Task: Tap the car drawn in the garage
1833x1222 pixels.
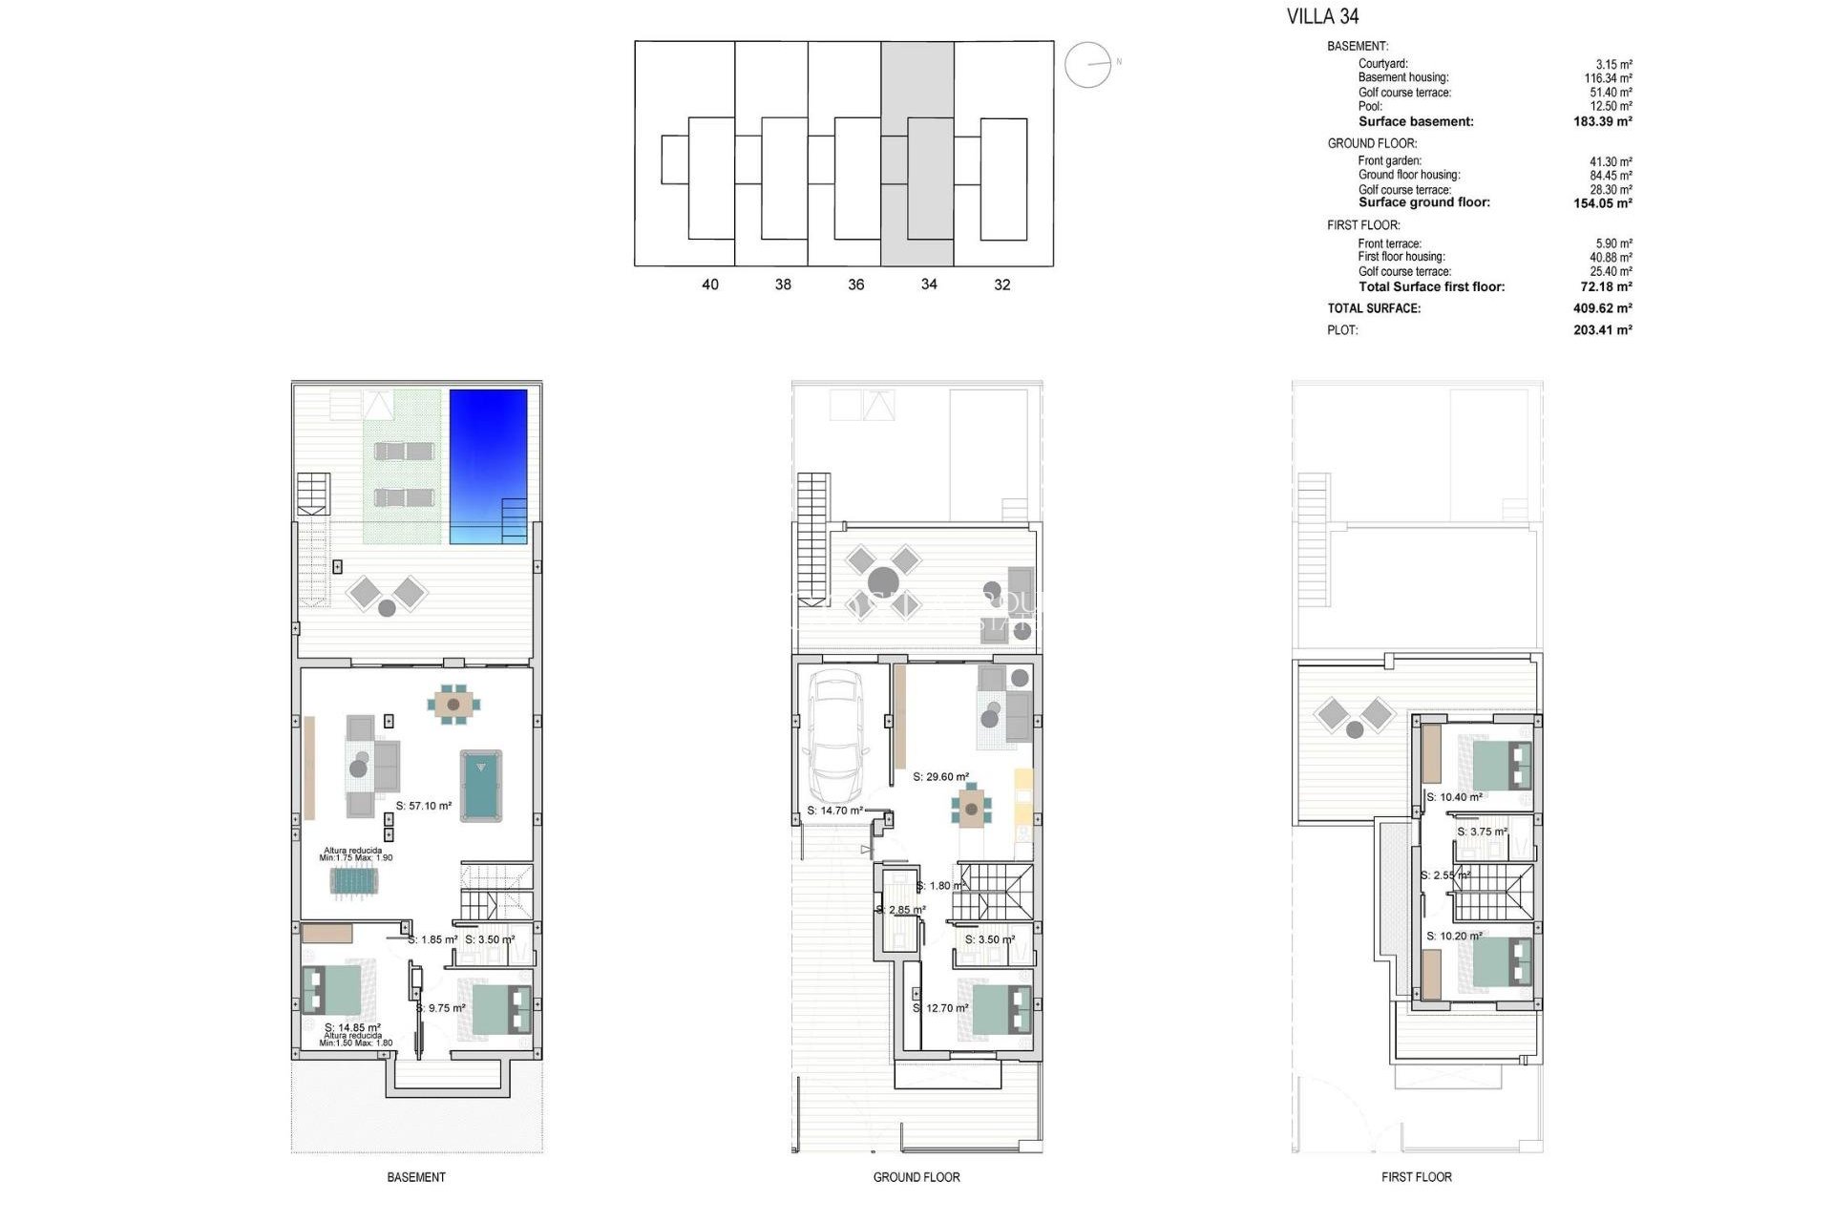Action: (835, 737)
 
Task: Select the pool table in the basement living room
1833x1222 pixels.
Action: (481, 785)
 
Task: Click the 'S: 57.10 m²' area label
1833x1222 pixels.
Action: (424, 806)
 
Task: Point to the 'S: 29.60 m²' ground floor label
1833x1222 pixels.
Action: (940, 777)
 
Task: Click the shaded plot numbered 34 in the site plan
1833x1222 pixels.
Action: (917, 153)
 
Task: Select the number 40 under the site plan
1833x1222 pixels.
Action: (710, 284)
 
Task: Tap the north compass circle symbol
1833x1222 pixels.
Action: (1088, 65)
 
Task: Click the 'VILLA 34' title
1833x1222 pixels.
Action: (1322, 16)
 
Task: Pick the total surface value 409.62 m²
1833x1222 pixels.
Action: (1602, 308)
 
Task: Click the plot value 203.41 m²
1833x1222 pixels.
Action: (1602, 330)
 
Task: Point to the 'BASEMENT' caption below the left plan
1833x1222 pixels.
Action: (416, 1177)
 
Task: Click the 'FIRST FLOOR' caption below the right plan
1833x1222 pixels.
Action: (1416, 1177)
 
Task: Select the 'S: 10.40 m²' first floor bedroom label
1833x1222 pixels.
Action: (1454, 797)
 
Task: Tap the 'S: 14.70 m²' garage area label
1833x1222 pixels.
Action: (835, 811)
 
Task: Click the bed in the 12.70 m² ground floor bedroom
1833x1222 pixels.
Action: (1001, 1010)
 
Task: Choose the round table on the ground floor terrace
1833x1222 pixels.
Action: (883, 581)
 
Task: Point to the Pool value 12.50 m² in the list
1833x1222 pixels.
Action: (1611, 107)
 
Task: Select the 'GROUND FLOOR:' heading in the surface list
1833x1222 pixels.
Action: (1372, 143)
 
